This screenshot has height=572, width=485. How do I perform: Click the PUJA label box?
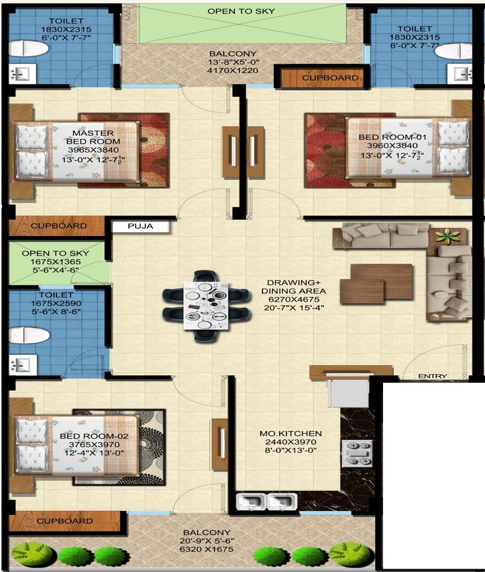click(x=141, y=226)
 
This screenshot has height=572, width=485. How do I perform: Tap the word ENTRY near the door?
click(x=432, y=376)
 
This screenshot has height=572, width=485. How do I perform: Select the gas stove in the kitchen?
click(x=357, y=454)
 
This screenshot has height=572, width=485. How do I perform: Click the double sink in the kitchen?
click(x=267, y=502)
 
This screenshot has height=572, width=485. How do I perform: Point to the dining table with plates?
click(x=207, y=306)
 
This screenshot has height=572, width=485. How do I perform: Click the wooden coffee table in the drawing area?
click(x=376, y=283)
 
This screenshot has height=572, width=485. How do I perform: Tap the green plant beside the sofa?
click(x=447, y=236)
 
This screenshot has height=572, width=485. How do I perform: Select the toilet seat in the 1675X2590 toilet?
click(x=29, y=335)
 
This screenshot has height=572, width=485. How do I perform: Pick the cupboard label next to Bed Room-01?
click(x=330, y=78)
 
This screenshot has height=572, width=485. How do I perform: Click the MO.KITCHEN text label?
click(x=291, y=433)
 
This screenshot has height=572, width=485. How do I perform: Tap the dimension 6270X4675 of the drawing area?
click(x=294, y=299)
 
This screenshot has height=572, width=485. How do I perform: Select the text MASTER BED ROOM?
click(x=93, y=137)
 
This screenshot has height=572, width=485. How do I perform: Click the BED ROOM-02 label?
click(x=94, y=436)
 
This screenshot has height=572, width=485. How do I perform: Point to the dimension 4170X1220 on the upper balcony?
click(x=233, y=70)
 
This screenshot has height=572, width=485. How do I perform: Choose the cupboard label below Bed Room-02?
click(x=64, y=521)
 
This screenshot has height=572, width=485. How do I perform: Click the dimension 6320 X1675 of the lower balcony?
click(x=207, y=549)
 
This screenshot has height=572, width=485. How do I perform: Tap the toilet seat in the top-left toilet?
click(x=29, y=48)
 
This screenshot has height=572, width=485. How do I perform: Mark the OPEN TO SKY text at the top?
click(x=241, y=11)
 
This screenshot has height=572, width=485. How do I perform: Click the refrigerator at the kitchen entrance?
click(x=348, y=393)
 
